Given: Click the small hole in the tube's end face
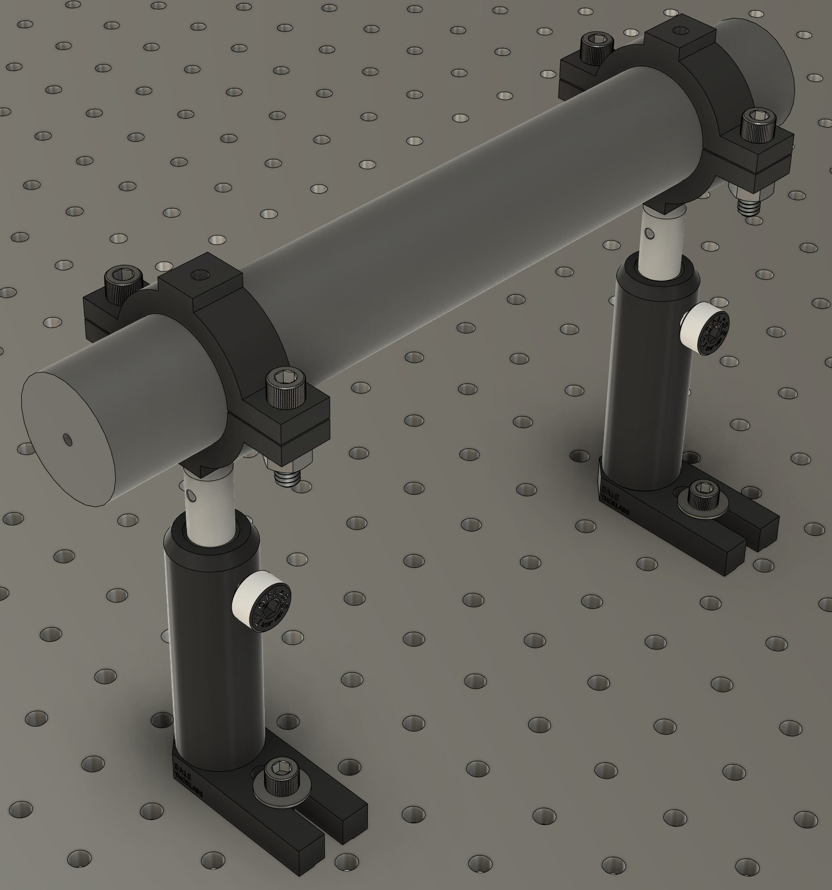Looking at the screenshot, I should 67,438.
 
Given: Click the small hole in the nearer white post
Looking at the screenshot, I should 190,495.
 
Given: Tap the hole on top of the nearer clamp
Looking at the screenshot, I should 202,274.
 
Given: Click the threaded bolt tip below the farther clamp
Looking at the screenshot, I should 749,206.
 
